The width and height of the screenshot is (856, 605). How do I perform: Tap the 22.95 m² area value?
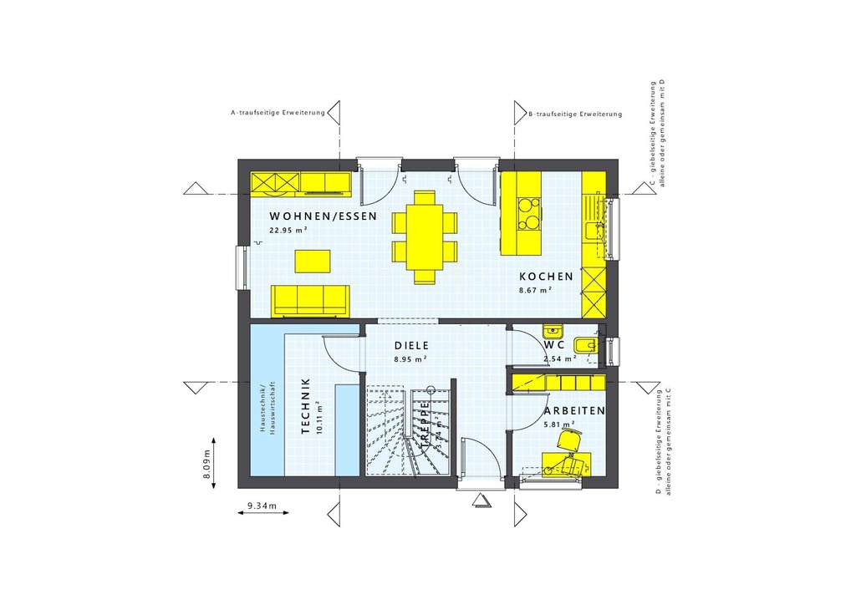pyautogui.click(x=288, y=230)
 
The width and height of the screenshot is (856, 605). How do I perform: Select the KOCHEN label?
pyautogui.click(x=546, y=277)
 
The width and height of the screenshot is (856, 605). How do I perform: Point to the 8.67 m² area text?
pyautogui.click(x=535, y=291)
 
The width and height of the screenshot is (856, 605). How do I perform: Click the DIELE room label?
pyautogui.click(x=411, y=345)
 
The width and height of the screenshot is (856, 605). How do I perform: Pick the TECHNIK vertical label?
pyautogui.click(x=306, y=406)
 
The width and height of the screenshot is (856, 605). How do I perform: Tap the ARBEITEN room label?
pyautogui.click(x=574, y=412)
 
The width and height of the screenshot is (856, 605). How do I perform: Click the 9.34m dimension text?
pyautogui.click(x=262, y=506)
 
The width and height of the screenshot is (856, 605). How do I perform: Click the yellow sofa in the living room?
pyautogui.click(x=310, y=299)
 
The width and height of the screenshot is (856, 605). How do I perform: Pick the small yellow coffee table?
pyautogui.click(x=312, y=261)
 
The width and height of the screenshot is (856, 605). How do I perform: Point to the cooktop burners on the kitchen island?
pyautogui.click(x=528, y=212)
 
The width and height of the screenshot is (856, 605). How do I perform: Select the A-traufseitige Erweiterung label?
pyautogui.click(x=278, y=113)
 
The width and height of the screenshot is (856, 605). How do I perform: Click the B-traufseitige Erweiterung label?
pyautogui.click(x=575, y=114)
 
